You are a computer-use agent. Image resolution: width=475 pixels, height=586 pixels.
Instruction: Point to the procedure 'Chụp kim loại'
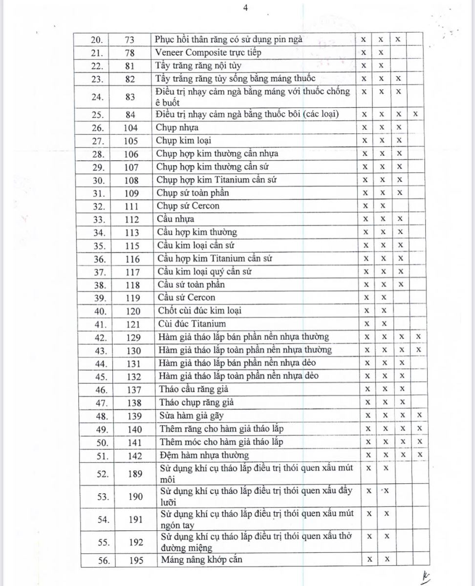click(177, 141)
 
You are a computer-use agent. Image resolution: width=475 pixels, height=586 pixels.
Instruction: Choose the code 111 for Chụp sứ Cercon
click(131, 206)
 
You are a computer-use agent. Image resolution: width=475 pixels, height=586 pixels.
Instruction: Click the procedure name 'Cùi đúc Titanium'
click(192, 324)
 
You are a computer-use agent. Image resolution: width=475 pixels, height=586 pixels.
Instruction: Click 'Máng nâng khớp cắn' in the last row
click(201, 560)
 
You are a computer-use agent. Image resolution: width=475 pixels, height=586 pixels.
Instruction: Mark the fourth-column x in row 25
click(415, 114)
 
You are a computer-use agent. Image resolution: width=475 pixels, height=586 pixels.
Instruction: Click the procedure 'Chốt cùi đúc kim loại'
click(199, 311)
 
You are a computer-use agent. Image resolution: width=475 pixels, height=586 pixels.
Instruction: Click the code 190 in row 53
click(136, 497)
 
